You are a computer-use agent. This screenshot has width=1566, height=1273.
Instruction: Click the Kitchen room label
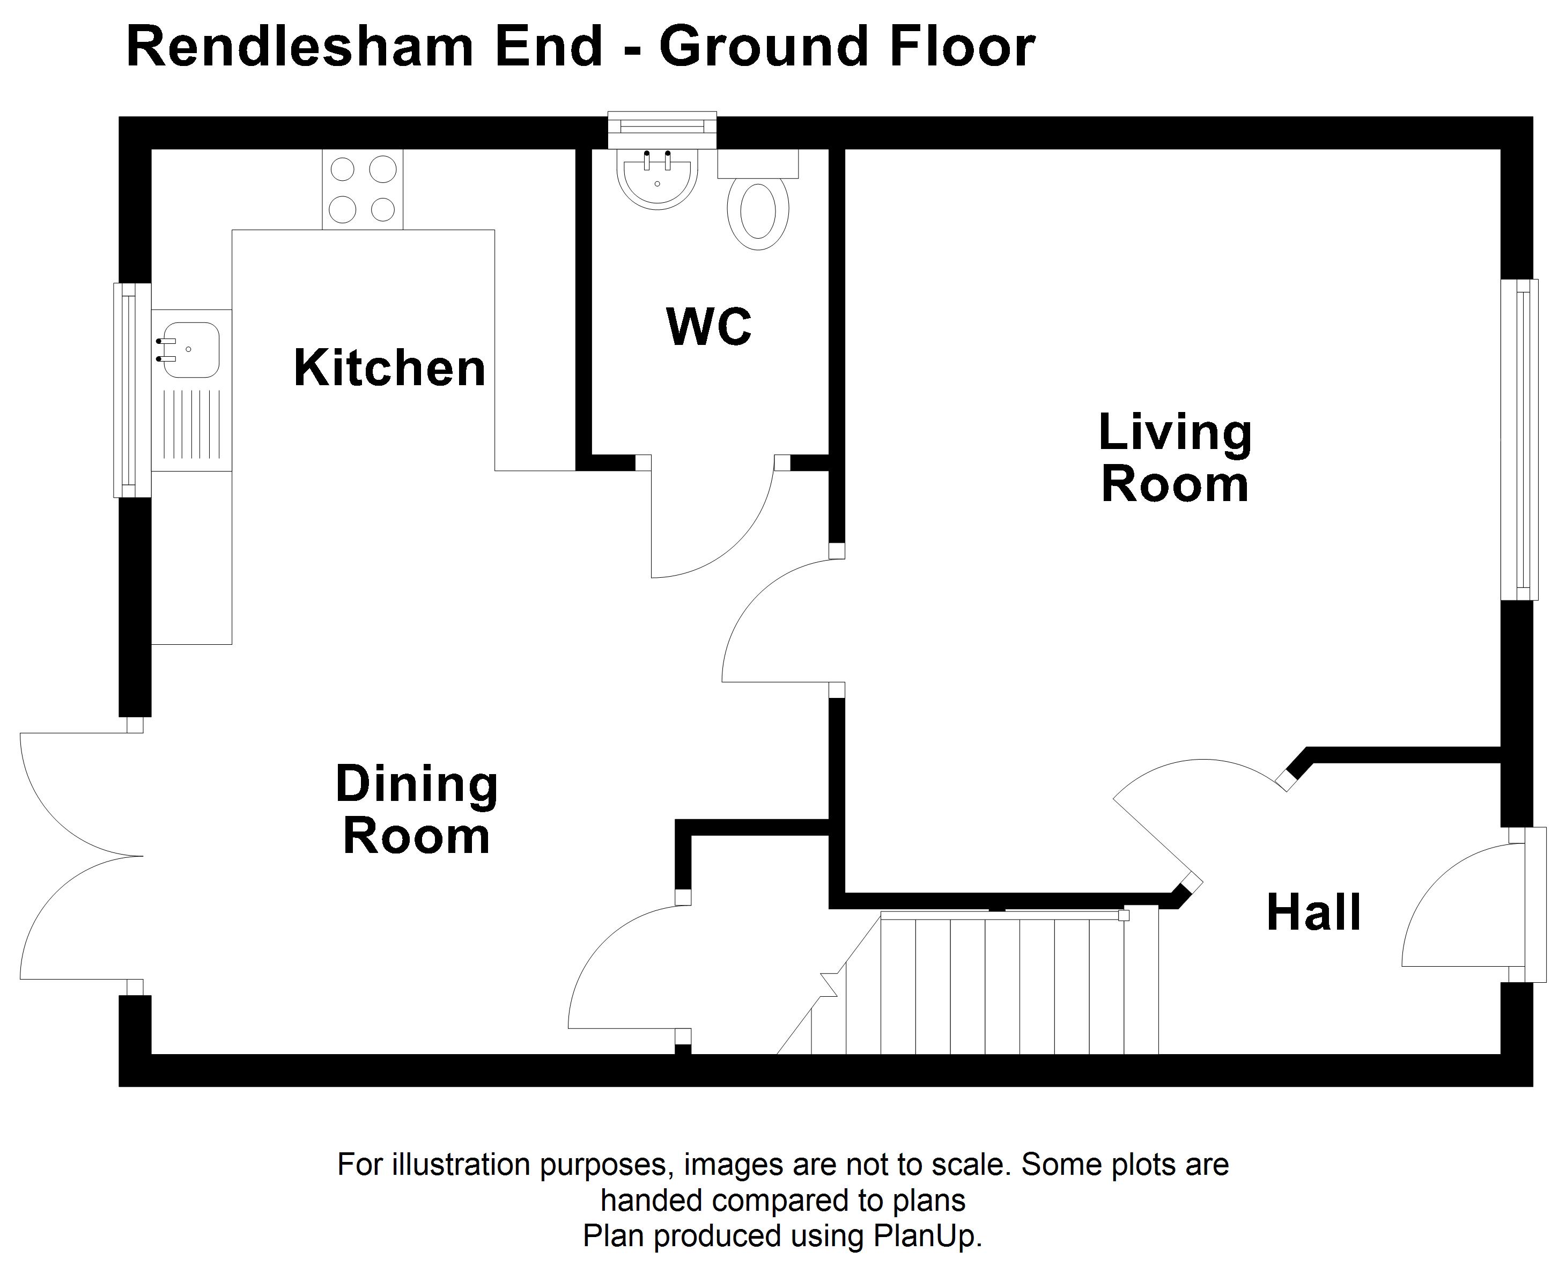click(x=389, y=367)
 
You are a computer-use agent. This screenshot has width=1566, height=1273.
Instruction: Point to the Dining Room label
click(x=416, y=810)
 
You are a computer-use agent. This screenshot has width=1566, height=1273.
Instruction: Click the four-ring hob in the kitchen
click(x=362, y=189)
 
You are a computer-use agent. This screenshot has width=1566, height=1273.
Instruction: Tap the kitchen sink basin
click(x=188, y=350)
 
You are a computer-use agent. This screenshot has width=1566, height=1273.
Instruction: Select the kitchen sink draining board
click(x=190, y=425)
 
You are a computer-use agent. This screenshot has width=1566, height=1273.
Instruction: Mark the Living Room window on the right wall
click(x=1519, y=440)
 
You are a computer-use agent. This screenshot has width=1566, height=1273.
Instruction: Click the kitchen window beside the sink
click(x=132, y=390)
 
